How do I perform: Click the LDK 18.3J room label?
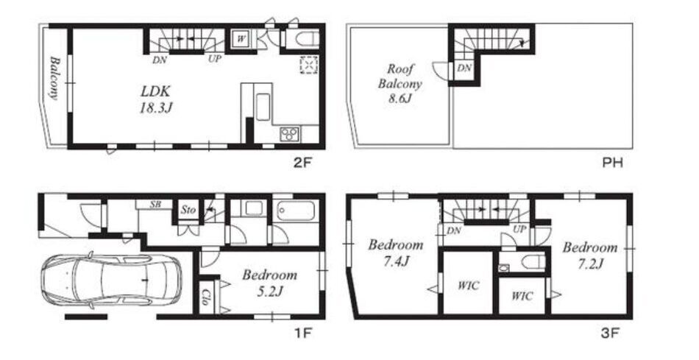pyautogui.click(x=155, y=100)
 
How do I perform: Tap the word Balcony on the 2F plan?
pyautogui.click(x=54, y=78)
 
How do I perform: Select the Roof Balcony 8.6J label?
pyautogui.click(x=400, y=83)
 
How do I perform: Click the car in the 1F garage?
pyautogui.click(x=111, y=280)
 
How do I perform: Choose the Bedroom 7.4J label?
pyautogui.click(x=395, y=253)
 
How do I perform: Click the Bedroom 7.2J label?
pyautogui.click(x=590, y=255)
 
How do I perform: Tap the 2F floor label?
pyautogui.click(x=302, y=163)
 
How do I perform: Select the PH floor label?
pyautogui.click(x=612, y=163)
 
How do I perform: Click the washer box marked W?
pyautogui.click(x=241, y=39)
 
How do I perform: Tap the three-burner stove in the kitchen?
pyautogui.click(x=290, y=134)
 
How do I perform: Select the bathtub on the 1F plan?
pyautogui.click(x=296, y=211)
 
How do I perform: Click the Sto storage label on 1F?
pyautogui.click(x=188, y=210)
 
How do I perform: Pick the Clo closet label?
pyautogui.click(x=206, y=297)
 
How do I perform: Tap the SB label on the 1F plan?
pyautogui.click(x=155, y=205)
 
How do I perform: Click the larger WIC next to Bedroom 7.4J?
pyautogui.click(x=468, y=285)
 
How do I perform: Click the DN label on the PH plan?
pyautogui.click(x=464, y=68)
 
